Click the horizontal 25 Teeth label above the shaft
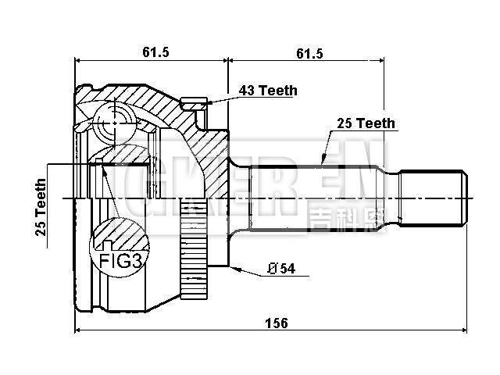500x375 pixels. [x=366, y=123]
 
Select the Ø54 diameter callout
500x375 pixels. [x=280, y=269]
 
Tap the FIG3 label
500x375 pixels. [x=120, y=260]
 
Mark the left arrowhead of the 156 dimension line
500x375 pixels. [x=79, y=331]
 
